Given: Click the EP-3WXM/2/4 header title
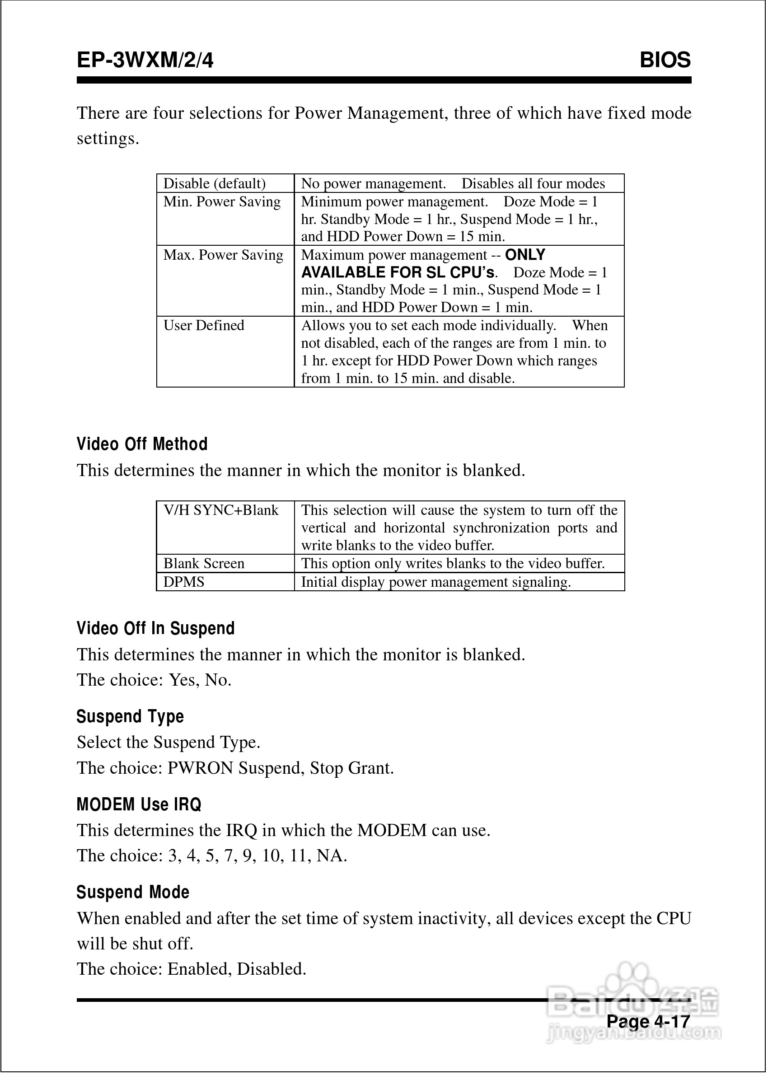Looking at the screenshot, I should click(x=145, y=61).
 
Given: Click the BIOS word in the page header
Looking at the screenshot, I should click(x=665, y=61).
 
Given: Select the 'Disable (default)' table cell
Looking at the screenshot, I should click(x=214, y=183).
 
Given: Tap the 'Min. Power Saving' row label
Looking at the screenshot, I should click(x=222, y=202).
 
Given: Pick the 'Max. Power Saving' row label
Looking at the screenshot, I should click(x=223, y=255).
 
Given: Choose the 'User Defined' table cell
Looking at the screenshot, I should click(x=204, y=326).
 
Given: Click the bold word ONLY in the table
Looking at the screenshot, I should click(x=525, y=255).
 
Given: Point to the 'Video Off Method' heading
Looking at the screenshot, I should click(x=142, y=444).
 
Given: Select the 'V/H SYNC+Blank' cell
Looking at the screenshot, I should click(x=221, y=510).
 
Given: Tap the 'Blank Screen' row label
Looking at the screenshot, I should click(x=204, y=564).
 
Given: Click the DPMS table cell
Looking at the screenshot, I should click(x=184, y=582).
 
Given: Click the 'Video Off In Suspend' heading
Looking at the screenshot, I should click(x=155, y=629).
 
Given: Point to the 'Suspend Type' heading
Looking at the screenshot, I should click(x=130, y=717).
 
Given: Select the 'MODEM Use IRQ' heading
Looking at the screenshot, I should click(x=139, y=804).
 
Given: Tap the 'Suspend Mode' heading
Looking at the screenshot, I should click(x=133, y=893).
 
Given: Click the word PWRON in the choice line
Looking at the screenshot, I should click(x=201, y=768).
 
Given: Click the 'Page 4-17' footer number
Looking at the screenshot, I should click(x=648, y=1022).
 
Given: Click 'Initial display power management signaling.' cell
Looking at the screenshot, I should click(x=436, y=582).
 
